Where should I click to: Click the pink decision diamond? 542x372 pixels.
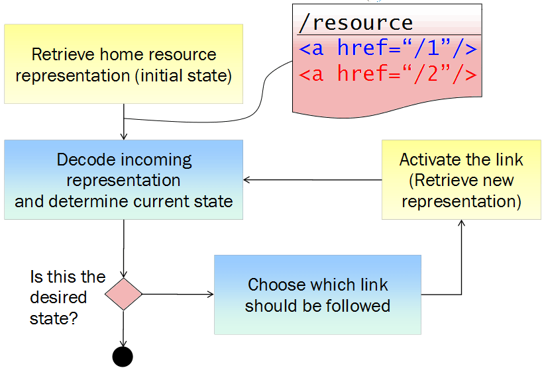(x=124, y=295)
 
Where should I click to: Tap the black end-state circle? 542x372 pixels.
(x=123, y=356)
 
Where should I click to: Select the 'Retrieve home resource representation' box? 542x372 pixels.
(x=124, y=64)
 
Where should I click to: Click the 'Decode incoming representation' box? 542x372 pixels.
(x=124, y=179)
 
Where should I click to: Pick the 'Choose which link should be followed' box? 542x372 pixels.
(x=317, y=295)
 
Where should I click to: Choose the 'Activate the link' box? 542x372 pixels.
(x=461, y=179)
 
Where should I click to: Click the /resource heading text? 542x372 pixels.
(x=356, y=23)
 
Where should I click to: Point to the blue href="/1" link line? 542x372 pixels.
(x=388, y=49)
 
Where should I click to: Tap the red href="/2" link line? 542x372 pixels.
(x=388, y=74)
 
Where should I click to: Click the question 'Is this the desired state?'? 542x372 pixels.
(x=66, y=297)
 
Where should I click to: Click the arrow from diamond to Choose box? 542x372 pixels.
(x=178, y=295)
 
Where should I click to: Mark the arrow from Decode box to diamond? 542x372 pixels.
(x=124, y=248)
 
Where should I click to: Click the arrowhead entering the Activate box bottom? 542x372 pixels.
(x=461, y=224)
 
